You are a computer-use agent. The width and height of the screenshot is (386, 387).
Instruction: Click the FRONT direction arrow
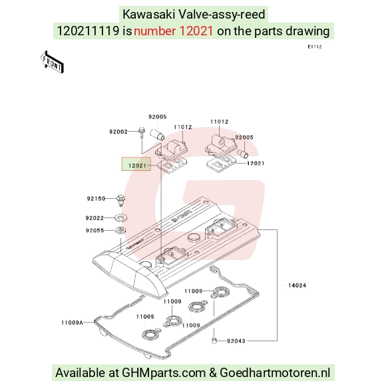pos(52,63)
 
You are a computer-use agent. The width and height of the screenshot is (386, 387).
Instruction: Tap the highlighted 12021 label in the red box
pos(137,166)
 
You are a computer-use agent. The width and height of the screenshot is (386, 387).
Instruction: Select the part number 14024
pos(297,285)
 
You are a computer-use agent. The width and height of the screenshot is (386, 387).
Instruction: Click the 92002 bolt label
pos(118,132)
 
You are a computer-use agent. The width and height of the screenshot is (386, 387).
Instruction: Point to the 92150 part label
pos(96,198)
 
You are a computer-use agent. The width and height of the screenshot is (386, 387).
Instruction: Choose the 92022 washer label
pos(95,218)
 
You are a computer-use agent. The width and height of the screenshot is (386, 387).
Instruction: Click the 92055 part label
pos(95,231)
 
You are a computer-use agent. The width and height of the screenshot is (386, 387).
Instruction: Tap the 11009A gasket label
pos(72,322)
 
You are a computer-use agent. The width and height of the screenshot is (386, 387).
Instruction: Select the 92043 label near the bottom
pos(236,341)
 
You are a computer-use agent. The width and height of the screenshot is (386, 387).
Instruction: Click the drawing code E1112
pos(315,47)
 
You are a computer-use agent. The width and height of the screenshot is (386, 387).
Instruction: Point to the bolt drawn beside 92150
pos(120,200)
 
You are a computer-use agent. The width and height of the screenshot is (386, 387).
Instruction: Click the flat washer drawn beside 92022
pos(121,217)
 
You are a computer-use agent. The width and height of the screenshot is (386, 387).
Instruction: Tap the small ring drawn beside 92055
pos(120,230)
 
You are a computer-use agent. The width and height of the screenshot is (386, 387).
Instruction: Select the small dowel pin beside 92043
pos(214,340)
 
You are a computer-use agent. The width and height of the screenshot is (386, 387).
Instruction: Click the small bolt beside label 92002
pos(142,132)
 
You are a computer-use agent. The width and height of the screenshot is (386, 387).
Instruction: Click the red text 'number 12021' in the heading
pos(173,31)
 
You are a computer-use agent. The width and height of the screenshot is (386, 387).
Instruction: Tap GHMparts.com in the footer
pos(164,372)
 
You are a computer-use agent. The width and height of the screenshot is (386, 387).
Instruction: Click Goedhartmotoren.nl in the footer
pos(275,372)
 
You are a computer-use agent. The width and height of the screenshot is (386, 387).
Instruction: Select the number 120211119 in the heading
pos(88,31)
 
